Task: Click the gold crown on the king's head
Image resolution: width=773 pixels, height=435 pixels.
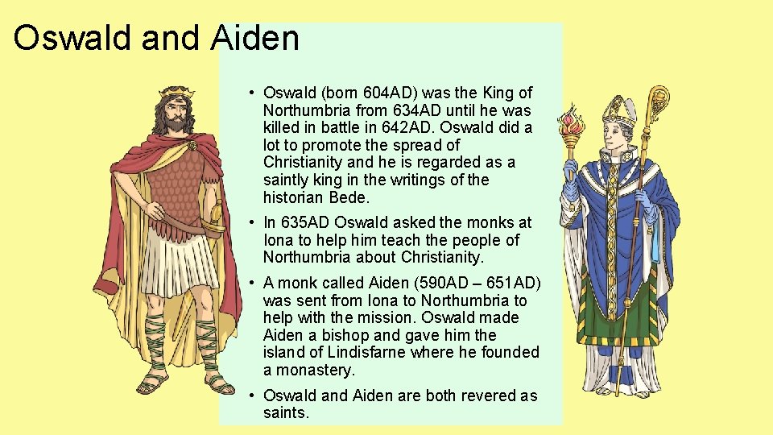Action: pos(175,93)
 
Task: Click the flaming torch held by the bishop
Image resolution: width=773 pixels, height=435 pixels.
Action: pos(573,125)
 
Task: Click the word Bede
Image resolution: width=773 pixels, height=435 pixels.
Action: pos(349,197)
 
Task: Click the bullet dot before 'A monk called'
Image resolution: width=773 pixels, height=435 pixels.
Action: pos(252,284)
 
